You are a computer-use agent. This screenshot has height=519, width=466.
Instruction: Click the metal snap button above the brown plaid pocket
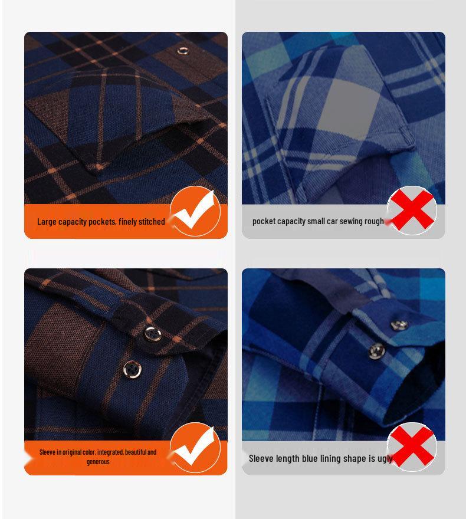coord(183,51)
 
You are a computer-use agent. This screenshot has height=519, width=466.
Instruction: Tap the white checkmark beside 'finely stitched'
coord(195,211)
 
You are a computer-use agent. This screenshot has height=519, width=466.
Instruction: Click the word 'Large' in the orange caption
coord(47,222)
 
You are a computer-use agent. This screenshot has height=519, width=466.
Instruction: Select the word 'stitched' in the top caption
coord(152,222)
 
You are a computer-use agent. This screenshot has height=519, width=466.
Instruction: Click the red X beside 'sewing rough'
coord(412,211)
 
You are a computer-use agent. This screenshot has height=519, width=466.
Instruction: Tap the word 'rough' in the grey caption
coord(374,221)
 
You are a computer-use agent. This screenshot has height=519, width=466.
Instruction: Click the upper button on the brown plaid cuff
coord(150,333)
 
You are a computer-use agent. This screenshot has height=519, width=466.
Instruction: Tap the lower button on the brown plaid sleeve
coord(133,369)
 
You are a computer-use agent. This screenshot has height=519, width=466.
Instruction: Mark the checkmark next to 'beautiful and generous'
coord(195,447)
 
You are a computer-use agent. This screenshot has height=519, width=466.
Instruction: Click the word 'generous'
coord(98,462)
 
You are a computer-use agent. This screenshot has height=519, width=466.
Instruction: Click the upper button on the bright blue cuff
coord(399,324)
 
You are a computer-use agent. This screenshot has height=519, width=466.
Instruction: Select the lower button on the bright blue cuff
coord(376,352)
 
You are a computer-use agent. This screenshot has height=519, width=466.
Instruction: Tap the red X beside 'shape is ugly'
coord(412,447)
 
